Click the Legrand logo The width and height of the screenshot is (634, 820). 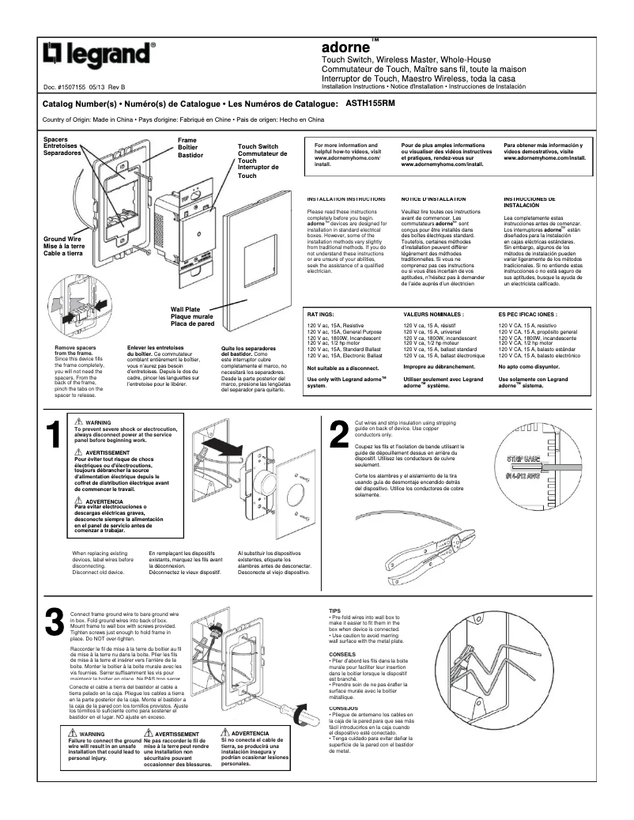tap(100, 55)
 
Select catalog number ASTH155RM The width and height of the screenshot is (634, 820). tap(372, 103)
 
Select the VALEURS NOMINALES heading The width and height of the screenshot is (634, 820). tap(432, 314)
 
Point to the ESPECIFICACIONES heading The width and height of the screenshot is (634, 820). tap(527, 314)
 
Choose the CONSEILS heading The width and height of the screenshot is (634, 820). tap(342, 655)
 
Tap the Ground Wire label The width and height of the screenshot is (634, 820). tap(62, 238)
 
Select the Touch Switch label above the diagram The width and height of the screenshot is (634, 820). tap(258, 147)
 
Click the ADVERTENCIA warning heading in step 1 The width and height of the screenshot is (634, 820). tap(103, 501)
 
